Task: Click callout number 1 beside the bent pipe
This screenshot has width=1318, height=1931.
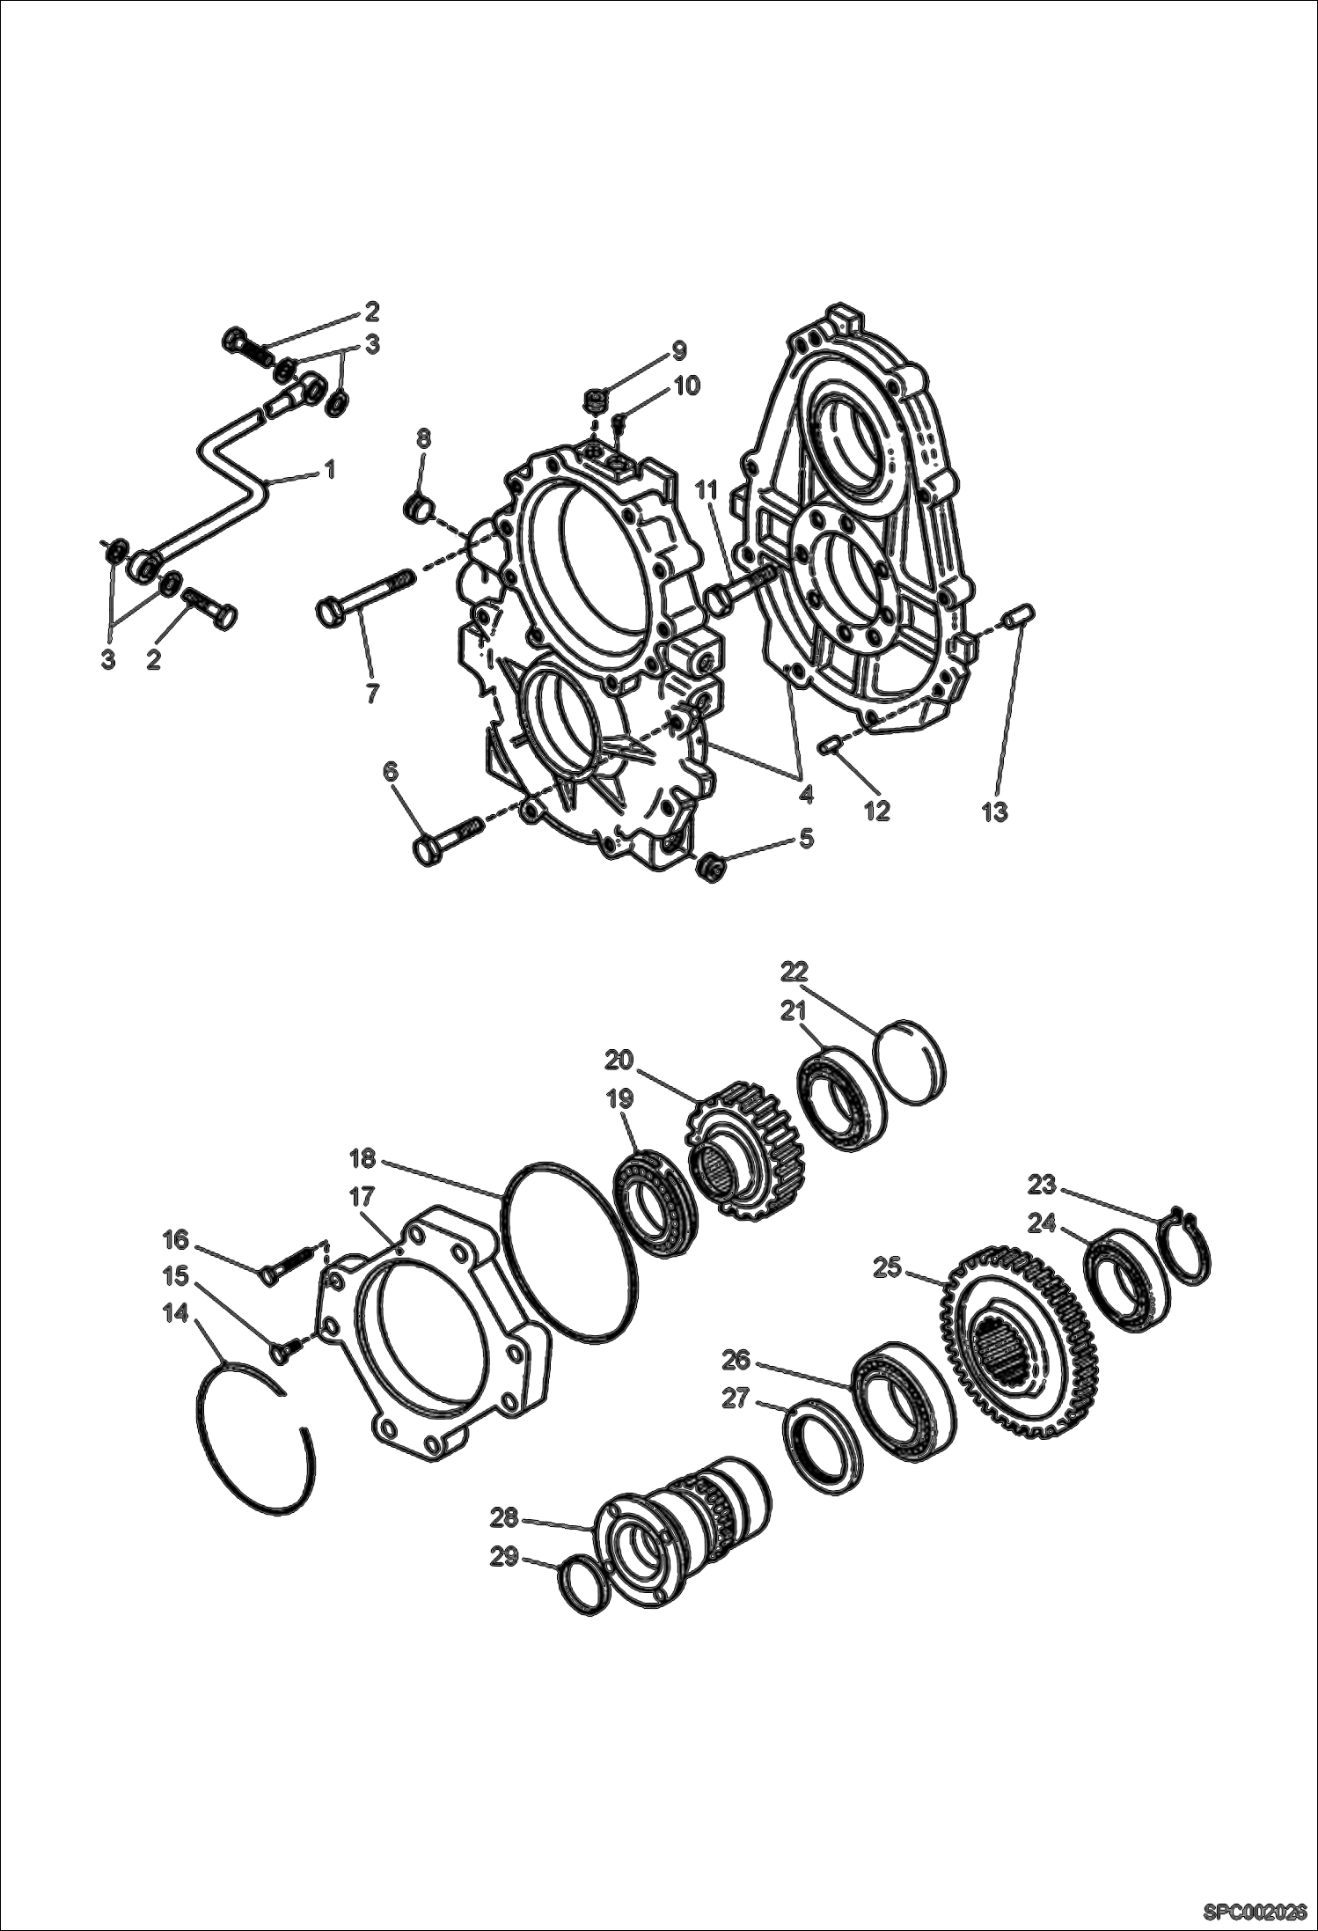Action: click(x=329, y=471)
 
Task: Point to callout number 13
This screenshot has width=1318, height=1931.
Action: click(x=994, y=811)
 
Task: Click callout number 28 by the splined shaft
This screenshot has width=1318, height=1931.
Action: click(x=505, y=1518)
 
